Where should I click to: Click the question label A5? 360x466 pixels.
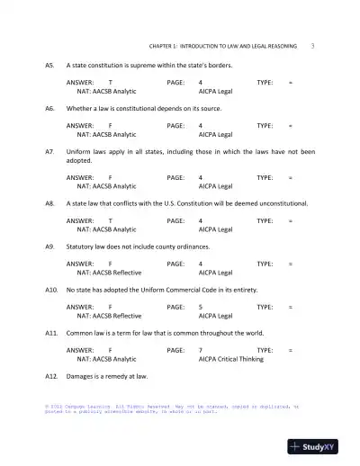click(50, 66)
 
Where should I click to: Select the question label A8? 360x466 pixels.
click(50, 203)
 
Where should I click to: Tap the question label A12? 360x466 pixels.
click(51, 375)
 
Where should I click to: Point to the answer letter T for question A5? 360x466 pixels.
click(110, 82)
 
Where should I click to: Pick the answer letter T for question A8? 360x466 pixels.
click(110, 220)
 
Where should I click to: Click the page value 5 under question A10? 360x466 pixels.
click(200, 307)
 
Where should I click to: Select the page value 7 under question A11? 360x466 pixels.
click(200, 349)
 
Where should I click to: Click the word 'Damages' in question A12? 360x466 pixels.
click(83, 375)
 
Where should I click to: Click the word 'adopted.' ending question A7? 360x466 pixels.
click(81, 160)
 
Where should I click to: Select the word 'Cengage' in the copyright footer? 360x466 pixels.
click(79, 407)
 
